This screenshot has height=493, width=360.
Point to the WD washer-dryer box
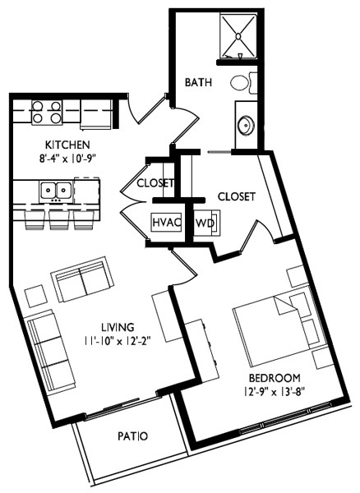(x=204, y=223)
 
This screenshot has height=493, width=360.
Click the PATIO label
(x=131, y=436)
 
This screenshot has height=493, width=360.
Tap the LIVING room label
(x=113, y=326)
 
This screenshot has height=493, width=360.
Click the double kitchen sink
(x=56, y=190)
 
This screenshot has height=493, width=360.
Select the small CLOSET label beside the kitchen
(x=155, y=182)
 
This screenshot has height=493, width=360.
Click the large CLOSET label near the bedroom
(x=237, y=196)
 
